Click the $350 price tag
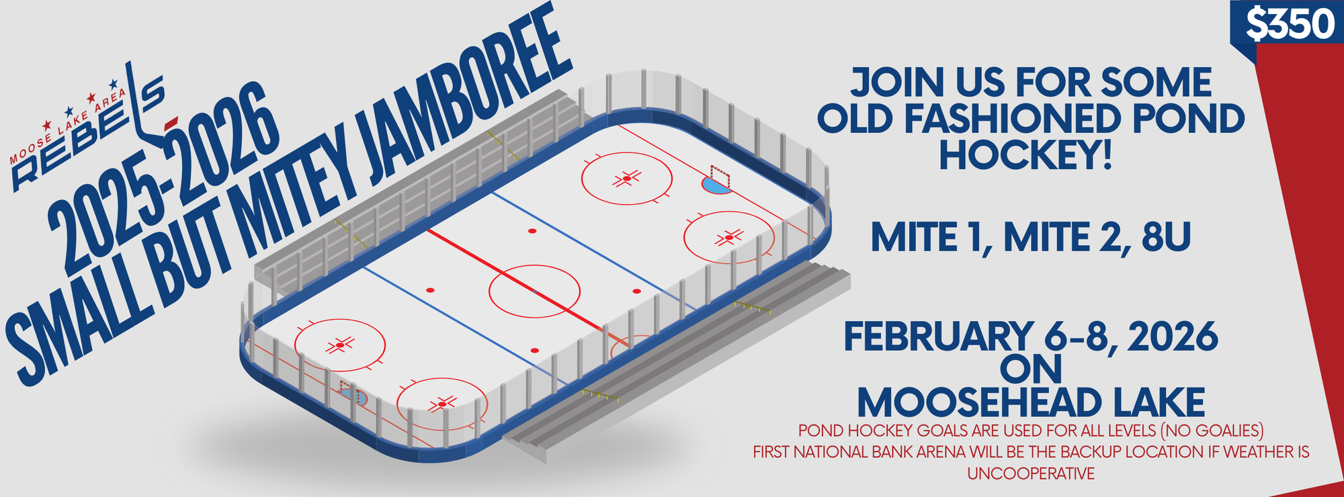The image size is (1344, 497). click(x=1290, y=26)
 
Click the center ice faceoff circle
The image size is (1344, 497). click(x=534, y=265)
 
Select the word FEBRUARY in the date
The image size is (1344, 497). click(x=937, y=337)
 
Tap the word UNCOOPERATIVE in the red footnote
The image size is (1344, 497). click(x=1031, y=473)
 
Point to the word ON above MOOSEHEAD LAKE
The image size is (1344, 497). click(x=1031, y=369)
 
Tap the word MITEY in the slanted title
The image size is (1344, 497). click(x=296, y=195)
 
